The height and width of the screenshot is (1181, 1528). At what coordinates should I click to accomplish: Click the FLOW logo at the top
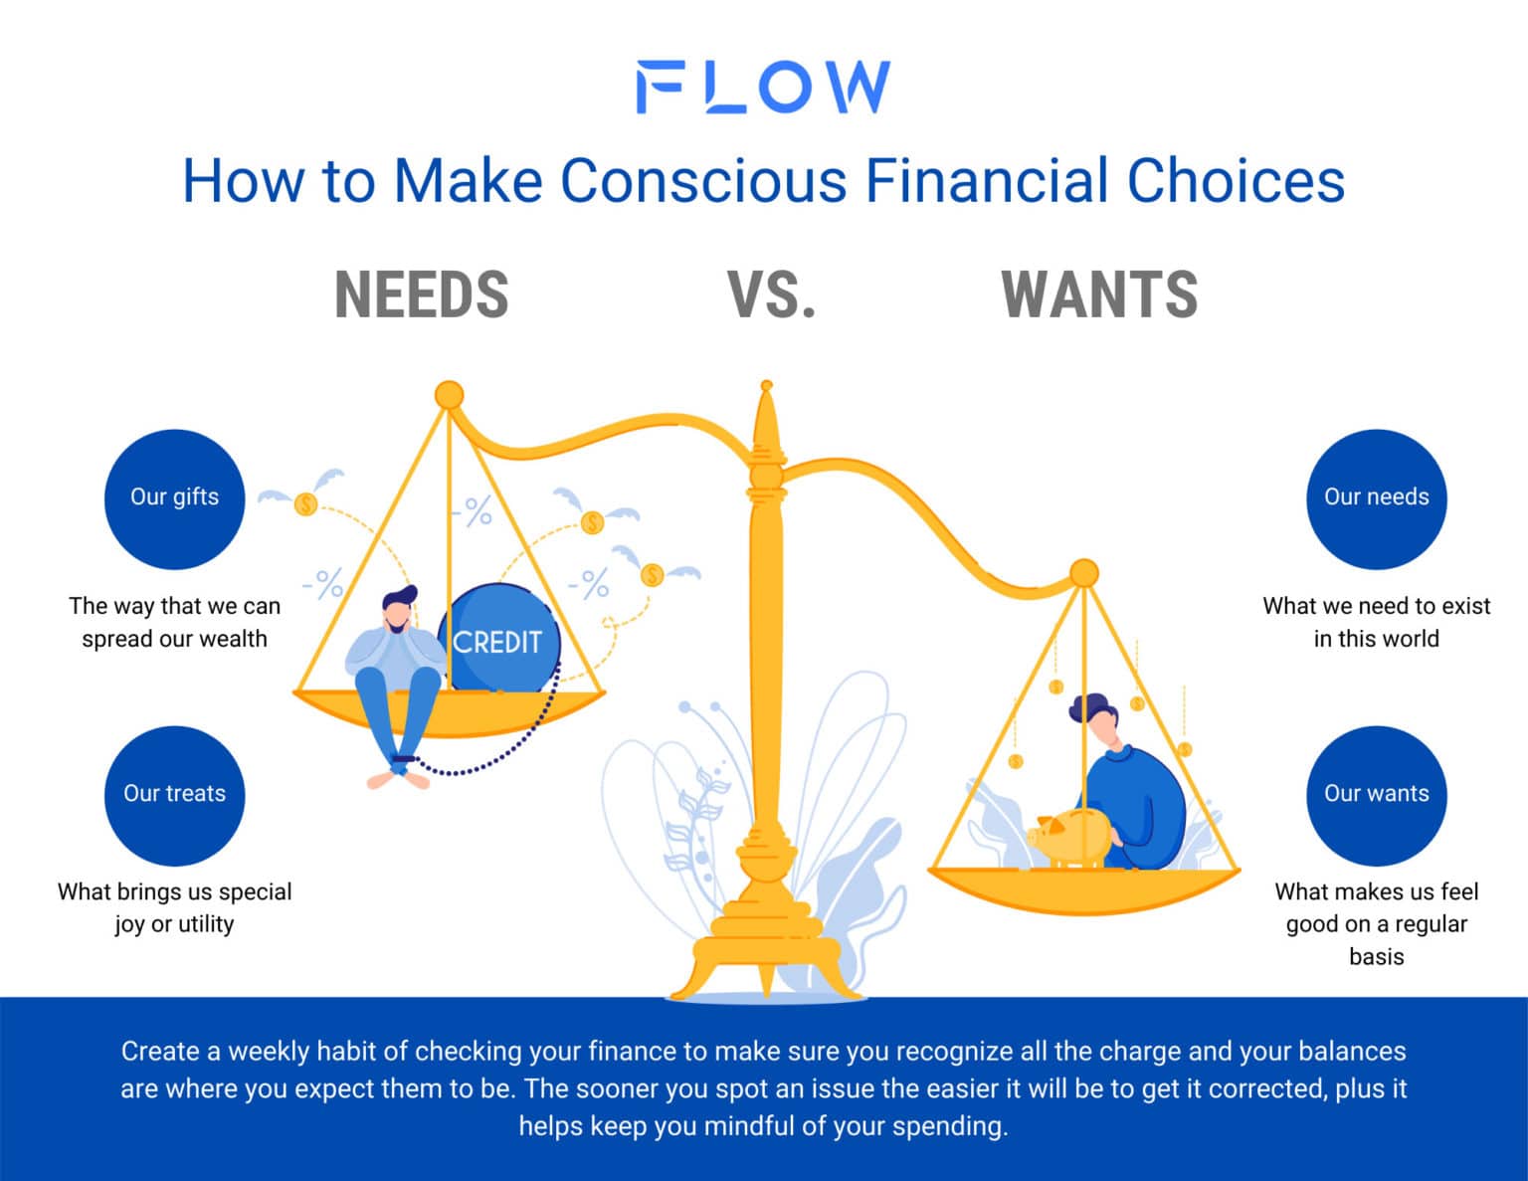763,88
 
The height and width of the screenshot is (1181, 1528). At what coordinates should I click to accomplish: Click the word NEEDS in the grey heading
422,295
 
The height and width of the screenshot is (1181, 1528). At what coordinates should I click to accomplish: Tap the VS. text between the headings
772,295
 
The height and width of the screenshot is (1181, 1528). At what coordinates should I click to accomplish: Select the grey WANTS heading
1099,295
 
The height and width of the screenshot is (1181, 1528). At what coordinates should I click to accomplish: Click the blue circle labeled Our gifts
174,498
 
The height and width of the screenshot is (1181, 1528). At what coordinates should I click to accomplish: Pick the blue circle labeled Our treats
174,795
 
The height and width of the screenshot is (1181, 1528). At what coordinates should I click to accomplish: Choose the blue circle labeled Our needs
1376,498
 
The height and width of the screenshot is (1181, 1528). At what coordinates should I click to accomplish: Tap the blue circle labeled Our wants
1376,795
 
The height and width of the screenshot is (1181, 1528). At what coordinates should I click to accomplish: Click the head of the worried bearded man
398,610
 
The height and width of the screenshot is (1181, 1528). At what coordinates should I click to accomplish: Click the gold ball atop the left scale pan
450,395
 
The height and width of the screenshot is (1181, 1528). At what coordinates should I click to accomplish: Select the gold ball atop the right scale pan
1083,573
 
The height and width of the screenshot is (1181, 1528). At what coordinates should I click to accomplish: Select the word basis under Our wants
1376,957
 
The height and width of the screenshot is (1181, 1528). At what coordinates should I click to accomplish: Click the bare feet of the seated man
398,779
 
